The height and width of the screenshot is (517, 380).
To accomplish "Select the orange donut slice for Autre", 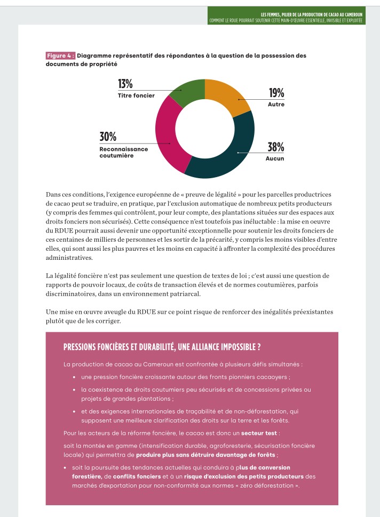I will coord(227,96).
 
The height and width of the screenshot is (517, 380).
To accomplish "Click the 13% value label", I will coord(125,84).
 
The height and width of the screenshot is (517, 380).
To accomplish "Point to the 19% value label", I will coord(276,92).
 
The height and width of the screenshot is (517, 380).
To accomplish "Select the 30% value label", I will coord(108,137).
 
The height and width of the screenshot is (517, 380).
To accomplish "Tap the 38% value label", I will coord(276,147).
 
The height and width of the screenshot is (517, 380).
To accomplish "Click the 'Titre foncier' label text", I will coord(136,96).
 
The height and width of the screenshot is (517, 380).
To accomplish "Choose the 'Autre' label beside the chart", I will coord(276,105).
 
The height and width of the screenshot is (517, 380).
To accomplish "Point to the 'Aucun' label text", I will coord(275,159).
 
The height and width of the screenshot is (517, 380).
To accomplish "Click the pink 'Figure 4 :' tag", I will coord(61,55).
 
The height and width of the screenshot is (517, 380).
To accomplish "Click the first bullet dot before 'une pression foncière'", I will coord(73,377).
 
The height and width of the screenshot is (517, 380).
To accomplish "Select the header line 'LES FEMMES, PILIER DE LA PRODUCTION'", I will coord(312,14).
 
